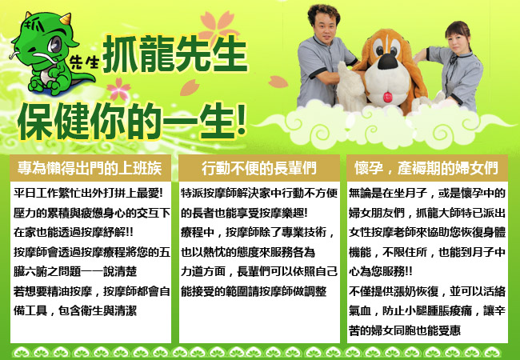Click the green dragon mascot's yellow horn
pyautogui.click(x=66, y=18)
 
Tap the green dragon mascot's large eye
pyautogui.click(x=54, y=44)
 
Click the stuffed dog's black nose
pyautogui.click(x=387, y=62)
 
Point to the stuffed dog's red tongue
pyautogui.click(x=387, y=97)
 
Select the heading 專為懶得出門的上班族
pyautogui.click(x=90, y=168)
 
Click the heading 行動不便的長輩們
pyautogui.click(x=259, y=168)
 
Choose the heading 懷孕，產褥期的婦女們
pyautogui.click(x=426, y=168)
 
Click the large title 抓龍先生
pyautogui.click(x=175, y=53)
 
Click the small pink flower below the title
pyautogui.click(x=118, y=89)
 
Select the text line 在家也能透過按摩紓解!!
pyautogui.click(x=74, y=232)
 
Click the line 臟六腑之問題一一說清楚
pyautogui.click(x=75, y=271)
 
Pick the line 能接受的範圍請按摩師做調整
pyautogui.click(x=254, y=291)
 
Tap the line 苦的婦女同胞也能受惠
pyautogui.click(x=405, y=330)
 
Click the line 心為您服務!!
pyautogui.click(x=380, y=271)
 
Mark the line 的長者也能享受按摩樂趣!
pyautogui.click(x=244, y=213)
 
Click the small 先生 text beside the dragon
pyautogui.click(x=85, y=62)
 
